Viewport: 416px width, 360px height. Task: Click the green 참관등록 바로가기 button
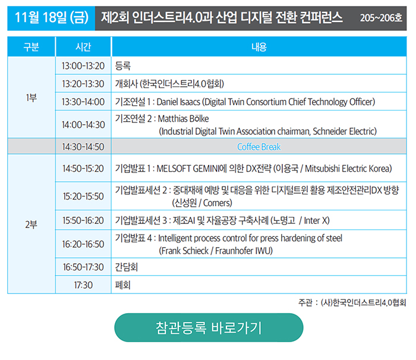coord(209,327)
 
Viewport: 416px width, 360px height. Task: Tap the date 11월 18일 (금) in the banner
coord(52,17)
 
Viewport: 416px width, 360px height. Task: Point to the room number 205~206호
coord(381,18)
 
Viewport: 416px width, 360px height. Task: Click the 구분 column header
coord(31,47)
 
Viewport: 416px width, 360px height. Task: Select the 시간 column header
coord(83,47)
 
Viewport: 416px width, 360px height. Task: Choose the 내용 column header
coord(259,47)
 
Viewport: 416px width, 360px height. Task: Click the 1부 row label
coord(31,97)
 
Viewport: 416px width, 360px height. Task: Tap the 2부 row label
coord(31,225)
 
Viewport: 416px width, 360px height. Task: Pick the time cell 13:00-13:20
coord(83,66)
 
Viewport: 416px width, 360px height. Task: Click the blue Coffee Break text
coord(259,147)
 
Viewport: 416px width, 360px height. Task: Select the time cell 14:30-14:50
coord(83,147)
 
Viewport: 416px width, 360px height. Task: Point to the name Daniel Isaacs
coord(178,102)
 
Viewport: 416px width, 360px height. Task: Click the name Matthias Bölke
coord(183,119)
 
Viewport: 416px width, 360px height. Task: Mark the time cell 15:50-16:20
coord(83,220)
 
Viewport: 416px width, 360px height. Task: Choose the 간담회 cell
coord(126,267)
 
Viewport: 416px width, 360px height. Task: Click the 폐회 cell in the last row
coord(122,285)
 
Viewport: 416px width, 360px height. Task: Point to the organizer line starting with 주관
coord(352,302)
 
